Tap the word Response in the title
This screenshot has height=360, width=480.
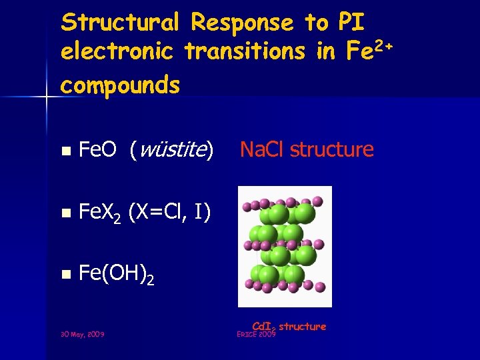242,23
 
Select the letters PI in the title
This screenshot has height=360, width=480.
351,23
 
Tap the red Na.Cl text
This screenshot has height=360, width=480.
262,149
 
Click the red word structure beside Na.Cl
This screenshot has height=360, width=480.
332,149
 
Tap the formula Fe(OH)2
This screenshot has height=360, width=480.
117,273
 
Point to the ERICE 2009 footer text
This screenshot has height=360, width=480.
256,334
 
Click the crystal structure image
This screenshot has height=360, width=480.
285,247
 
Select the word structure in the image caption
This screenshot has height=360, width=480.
303,326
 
